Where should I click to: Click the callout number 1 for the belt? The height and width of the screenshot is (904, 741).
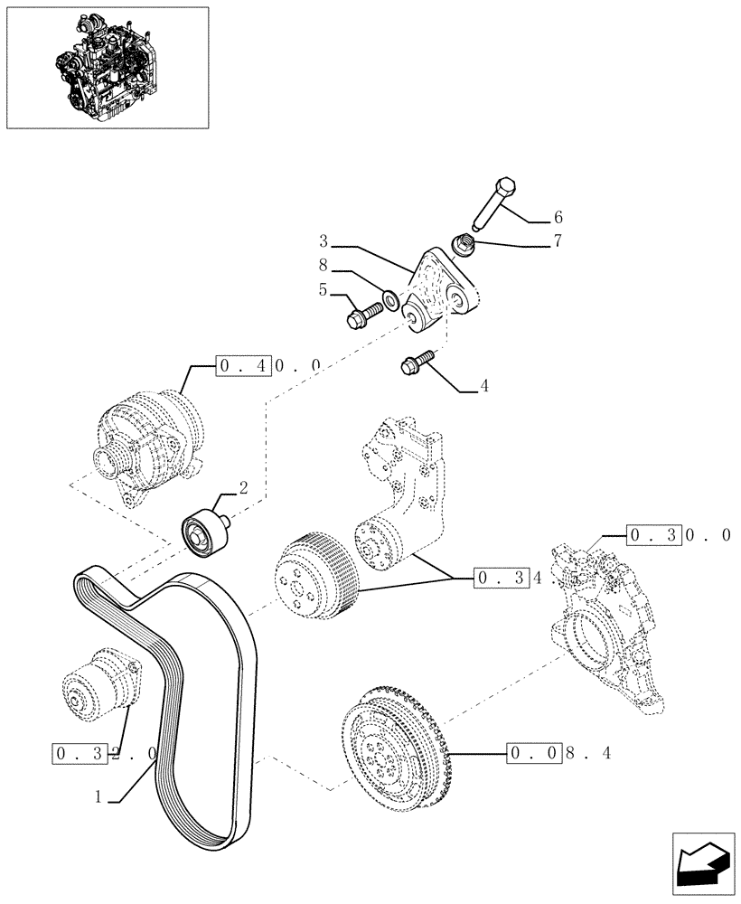[99, 797]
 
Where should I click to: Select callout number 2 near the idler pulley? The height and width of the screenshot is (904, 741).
[242, 487]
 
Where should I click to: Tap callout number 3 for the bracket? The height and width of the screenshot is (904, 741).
[324, 240]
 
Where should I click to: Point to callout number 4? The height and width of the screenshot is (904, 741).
[484, 386]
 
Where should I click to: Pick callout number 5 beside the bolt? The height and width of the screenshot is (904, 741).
[323, 291]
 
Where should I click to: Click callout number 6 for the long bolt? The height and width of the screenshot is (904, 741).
[558, 217]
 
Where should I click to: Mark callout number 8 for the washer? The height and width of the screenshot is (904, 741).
[323, 268]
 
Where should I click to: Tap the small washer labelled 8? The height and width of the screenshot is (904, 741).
[390, 297]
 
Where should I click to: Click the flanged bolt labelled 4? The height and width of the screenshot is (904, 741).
[417, 363]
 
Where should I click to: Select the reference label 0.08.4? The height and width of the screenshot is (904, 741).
[560, 752]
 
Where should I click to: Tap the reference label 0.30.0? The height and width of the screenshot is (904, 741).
[679, 535]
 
